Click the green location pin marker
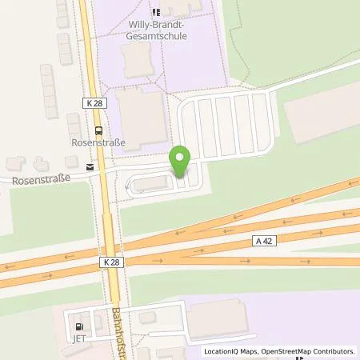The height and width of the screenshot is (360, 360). pos(180,161)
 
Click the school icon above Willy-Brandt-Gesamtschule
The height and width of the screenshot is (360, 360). pos(155,12)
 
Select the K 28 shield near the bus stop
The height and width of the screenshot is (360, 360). pos(93,103)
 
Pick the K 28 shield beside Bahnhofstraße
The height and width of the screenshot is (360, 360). pos(113,262)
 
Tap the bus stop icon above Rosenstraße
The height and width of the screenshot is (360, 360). pos(98,130)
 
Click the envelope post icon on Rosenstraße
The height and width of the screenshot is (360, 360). pos(90,167)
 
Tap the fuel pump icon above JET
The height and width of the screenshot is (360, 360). pos(78,327)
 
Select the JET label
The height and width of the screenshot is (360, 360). pos(78,339)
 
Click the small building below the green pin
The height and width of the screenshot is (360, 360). pos(151,186)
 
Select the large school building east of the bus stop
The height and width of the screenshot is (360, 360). pos(142,119)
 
